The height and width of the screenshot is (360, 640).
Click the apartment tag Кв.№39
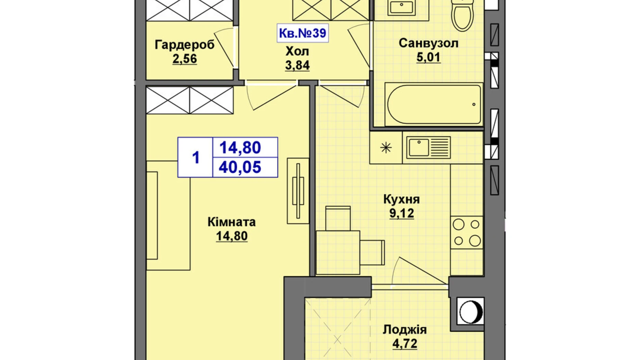pyautogui.click(x=302, y=33)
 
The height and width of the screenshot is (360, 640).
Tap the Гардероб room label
pyautogui.click(x=185, y=45)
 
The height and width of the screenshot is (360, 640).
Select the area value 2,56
pyautogui.click(x=185, y=59)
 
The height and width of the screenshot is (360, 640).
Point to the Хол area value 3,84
pyautogui.click(x=297, y=65)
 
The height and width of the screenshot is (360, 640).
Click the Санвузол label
pyautogui.click(x=428, y=43)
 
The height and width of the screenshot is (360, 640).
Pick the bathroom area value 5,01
pyautogui.click(x=428, y=57)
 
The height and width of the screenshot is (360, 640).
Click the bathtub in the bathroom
pyautogui.click(x=433, y=104)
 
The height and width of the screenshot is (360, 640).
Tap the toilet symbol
pyautogui.click(x=463, y=16)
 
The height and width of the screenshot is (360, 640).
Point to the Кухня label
pyautogui.click(x=401, y=199)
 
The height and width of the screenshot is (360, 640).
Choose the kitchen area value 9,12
pyautogui.click(x=401, y=213)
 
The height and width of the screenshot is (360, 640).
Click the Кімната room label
pyautogui.click(x=231, y=222)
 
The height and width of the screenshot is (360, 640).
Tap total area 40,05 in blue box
pyautogui.click(x=240, y=168)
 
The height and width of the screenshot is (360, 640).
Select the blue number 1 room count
pyautogui.click(x=195, y=157)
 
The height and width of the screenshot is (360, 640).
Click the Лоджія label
pyautogui.click(x=404, y=330)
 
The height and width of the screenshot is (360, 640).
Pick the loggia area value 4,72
pyautogui.click(x=404, y=343)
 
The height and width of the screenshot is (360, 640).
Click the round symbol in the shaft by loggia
pyautogui.click(x=470, y=311)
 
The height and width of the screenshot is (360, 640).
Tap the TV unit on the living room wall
pyautogui.click(x=298, y=191)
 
